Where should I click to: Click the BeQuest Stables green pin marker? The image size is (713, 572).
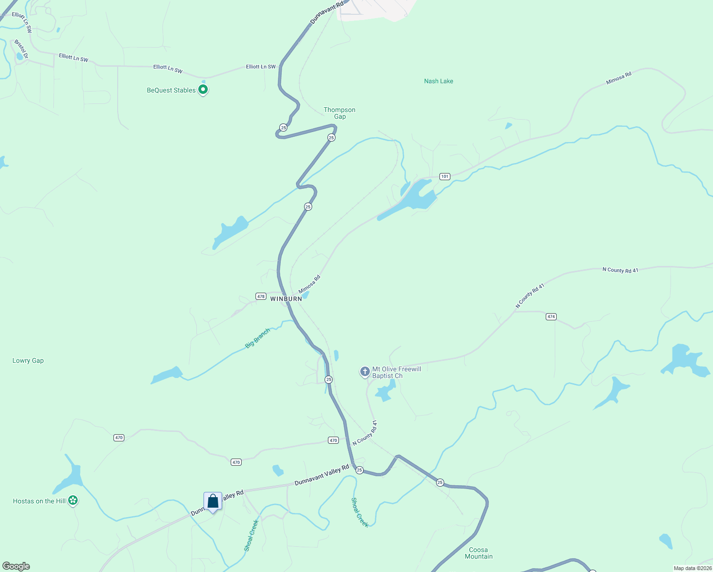(x=203, y=89)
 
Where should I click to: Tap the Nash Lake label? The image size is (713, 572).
(x=438, y=81)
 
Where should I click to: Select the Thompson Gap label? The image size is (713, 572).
(x=339, y=113)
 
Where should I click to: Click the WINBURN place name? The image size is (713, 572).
(x=286, y=299)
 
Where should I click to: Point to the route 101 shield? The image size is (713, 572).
(x=445, y=176)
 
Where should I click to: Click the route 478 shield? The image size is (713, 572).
(x=261, y=296)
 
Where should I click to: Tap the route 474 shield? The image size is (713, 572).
(x=551, y=317)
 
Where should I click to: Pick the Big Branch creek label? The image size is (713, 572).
(x=258, y=338)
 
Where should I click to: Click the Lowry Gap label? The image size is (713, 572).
(x=28, y=361)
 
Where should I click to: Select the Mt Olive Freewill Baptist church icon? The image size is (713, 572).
(x=365, y=371)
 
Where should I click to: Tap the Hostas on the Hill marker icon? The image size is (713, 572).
(x=73, y=500)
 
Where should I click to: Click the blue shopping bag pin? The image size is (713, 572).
(x=213, y=501)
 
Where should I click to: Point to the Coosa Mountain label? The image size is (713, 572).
(x=479, y=553)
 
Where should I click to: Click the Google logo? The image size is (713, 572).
(x=16, y=566)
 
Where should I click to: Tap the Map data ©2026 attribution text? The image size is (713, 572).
(x=693, y=568)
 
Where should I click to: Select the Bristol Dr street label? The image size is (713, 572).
(x=21, y=49)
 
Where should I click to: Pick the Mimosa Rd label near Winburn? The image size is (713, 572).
(x=309, y=285)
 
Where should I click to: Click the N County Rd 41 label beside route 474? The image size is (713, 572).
(x=530, y=296)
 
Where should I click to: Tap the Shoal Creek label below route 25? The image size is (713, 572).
(x=360, y=512)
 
